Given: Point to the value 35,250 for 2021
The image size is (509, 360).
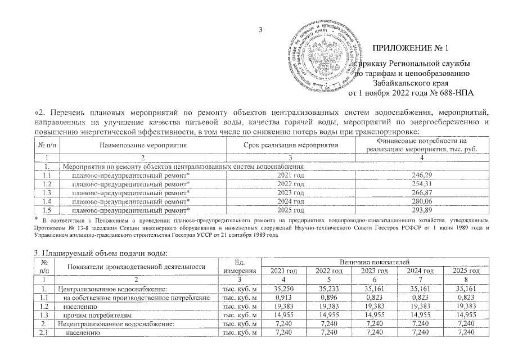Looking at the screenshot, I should point(285,289).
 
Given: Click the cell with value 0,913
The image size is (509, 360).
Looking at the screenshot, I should point(285,298).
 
